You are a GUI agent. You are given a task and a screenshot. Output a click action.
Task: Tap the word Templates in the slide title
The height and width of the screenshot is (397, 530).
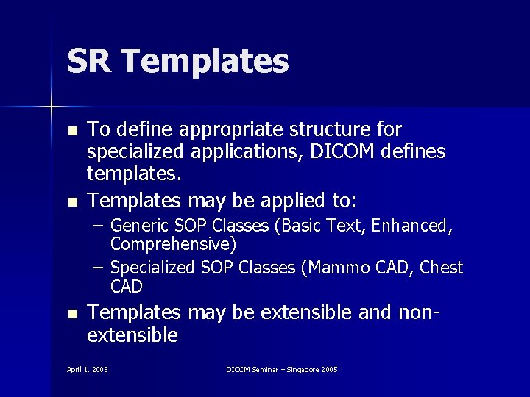point(201,62)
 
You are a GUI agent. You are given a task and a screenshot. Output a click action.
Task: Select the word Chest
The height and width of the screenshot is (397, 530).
point(442,267)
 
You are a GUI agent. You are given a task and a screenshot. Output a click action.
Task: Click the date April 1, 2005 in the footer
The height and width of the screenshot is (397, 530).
point(87,369)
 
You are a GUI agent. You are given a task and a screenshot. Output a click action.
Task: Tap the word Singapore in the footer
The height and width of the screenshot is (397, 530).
point(302,369)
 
